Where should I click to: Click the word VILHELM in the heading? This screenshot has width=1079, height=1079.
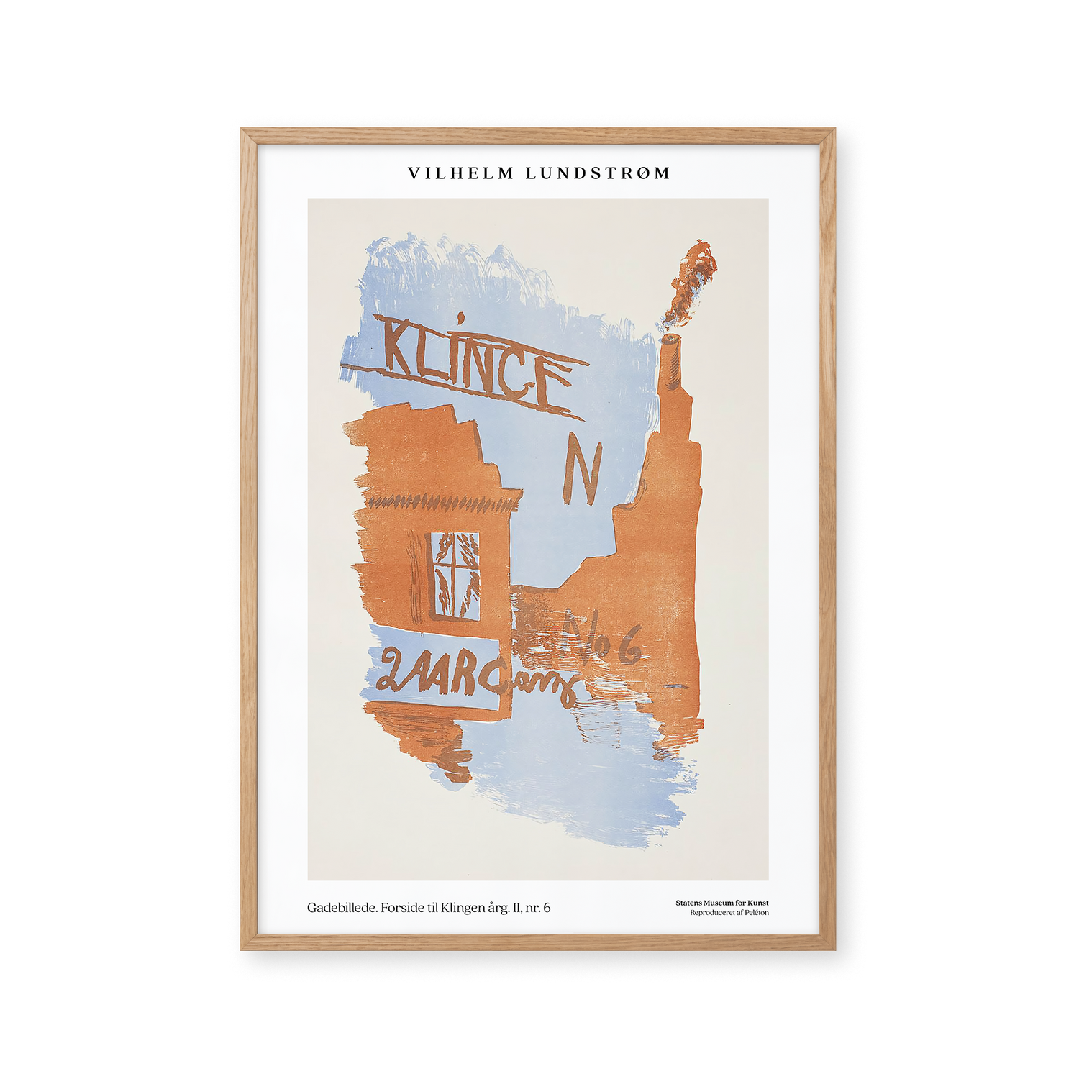tap(460, 173)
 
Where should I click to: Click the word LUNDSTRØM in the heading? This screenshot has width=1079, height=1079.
tap(598, 173)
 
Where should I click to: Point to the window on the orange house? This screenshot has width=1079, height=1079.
tap(454, 575)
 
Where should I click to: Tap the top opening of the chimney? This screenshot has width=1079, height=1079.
tap(669, 340)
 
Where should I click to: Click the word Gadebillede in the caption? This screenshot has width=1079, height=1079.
tap(342, 908)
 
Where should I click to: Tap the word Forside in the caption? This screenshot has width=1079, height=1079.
tap(403, 908)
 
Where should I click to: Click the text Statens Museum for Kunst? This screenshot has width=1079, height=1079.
tap(721, 903)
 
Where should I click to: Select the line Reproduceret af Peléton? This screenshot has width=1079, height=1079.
tap(729, 913)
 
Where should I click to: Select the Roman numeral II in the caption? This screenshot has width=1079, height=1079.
tap(516, 908)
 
